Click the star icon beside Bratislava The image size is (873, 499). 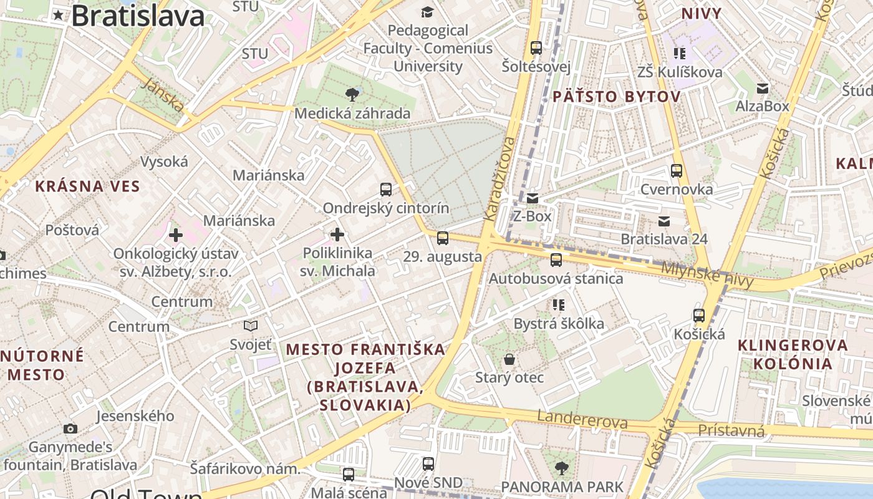click(59, 16)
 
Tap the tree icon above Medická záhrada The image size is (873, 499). click(352, 95)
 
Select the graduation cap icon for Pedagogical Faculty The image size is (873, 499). click(427, 12)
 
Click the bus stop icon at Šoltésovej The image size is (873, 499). click(536, 48)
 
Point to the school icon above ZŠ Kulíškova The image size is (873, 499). click(679, 54)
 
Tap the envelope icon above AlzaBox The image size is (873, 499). click(762, 89)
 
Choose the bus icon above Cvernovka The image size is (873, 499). click(677, 171)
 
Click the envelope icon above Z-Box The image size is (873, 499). click(532, 198)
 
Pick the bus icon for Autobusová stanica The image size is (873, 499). click(556, 260)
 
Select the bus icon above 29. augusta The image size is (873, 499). click(442, 238)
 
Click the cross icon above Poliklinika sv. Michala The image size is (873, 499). click(337, 235)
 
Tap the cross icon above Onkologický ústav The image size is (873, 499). click(176, 235)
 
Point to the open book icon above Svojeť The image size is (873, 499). click(251, 326)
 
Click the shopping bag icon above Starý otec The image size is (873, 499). click(509, 359)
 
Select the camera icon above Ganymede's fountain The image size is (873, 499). click(70, 429)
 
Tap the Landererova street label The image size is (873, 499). click(582, 420)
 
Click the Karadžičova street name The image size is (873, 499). click(500, 178)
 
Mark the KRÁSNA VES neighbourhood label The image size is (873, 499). click(87, 186)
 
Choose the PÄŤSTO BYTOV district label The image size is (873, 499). click(615, 97)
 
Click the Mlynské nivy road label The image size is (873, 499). click(707, 275)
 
